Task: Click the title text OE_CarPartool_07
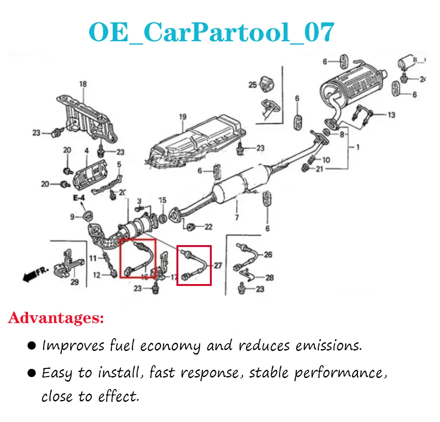click(211, 32)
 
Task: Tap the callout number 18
click(82, 84)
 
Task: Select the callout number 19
click(183, 117)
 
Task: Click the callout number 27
click(218, 265)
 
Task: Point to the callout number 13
click(391, 115)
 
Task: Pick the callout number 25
click(253, 85)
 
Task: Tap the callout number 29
click(74, 282)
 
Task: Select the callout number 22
click(209, 226)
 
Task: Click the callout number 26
click(268, 254)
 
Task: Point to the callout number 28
click(269, 277)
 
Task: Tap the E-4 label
click(79, 198)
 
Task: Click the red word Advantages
click(56, 318)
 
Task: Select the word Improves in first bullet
click(73, 346)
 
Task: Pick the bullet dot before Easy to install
click(32, 373)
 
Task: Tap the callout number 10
click(326, 160)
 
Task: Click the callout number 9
click(72, 216)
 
